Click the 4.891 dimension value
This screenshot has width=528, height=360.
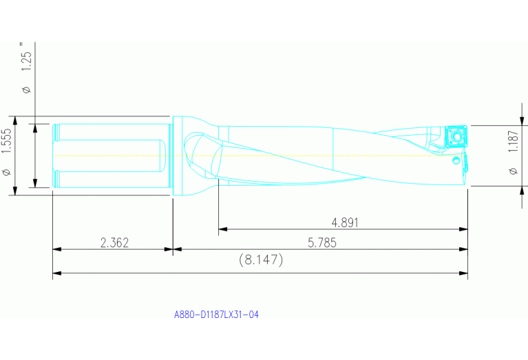345,222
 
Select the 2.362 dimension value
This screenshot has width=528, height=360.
114,242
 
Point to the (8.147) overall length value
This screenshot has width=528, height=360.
261,260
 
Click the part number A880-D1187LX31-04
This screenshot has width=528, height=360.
216,315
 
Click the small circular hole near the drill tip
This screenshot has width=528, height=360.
456,162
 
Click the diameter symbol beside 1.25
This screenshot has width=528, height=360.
26,90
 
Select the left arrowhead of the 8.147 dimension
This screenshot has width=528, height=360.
56,273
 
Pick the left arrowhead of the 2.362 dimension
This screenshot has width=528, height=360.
56,249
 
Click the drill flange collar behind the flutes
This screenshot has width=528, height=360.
177,156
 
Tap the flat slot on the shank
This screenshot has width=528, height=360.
110,156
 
